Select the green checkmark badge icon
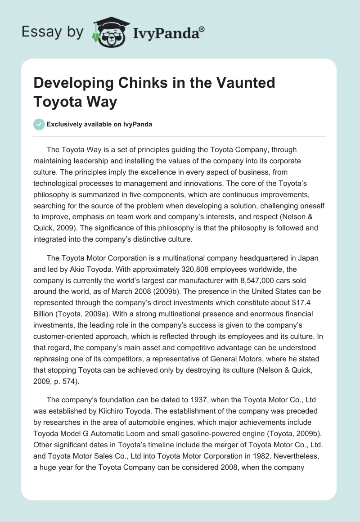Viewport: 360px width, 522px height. (39, 124)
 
